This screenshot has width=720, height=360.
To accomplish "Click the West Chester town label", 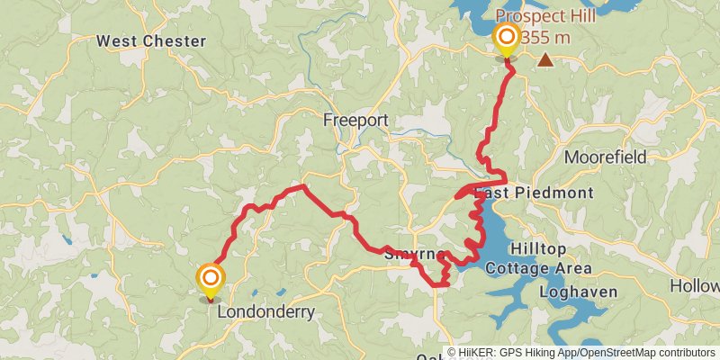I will [x=151, y=41].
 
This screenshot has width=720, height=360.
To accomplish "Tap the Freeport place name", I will [x=356, y=121].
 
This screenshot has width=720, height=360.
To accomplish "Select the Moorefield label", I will [x=605, y=157].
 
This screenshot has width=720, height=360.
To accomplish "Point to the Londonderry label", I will [x=264, y=312].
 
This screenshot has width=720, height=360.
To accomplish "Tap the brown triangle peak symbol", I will [x=545, y=60].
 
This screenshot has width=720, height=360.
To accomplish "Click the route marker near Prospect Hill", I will [x=507, y=38].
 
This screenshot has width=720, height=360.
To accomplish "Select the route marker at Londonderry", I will [x=211, y=277].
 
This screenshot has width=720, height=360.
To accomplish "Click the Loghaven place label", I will [x=577, y=292].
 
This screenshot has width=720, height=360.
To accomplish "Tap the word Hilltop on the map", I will [x=538, y=248].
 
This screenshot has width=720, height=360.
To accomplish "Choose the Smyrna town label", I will [x=410, y=255].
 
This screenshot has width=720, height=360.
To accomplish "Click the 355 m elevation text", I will [x=546, y=36].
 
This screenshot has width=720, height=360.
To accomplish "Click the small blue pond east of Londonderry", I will [x=281, y=293].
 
